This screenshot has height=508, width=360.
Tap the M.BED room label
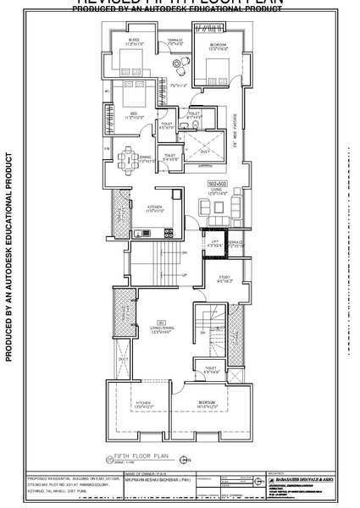134,39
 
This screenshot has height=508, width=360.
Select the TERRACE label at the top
174,39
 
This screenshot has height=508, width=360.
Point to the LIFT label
215,243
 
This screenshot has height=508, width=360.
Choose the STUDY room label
224,277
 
